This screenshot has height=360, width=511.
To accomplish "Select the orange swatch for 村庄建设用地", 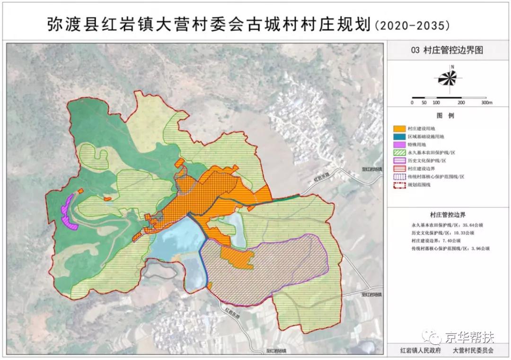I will pyautogui.click(x=399, y=128).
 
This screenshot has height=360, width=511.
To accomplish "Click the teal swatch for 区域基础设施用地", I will pyautogui.click(x=399, y=136).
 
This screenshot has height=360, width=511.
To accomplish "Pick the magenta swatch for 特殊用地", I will pyautogui.click(x=399, y=144).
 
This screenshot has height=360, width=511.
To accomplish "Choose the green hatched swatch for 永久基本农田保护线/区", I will pyautogui.click(x=399, y=152).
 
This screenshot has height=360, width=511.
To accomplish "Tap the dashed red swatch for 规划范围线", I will pyautogui.click(x=399, y=184).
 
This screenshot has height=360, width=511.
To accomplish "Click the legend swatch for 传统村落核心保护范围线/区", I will pyautogui.click(x=399, y=176).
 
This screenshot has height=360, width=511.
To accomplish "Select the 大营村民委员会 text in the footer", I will pyautogui.click(x=473, y=351).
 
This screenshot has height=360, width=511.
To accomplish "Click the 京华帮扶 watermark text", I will pyautogui.click(x=469, y=337).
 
